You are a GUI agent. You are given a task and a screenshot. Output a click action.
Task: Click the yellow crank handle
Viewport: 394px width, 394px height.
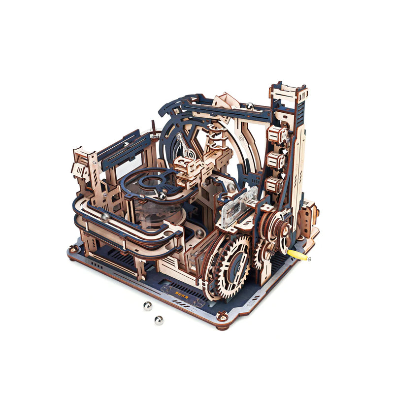298,255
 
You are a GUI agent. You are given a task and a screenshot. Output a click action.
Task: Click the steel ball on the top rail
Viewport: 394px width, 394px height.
250,105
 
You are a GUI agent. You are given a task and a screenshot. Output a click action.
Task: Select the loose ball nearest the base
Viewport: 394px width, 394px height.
147,306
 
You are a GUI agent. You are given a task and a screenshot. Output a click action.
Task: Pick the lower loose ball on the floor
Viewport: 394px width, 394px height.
159,320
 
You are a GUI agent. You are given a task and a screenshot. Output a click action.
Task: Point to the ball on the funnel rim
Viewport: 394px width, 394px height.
163,196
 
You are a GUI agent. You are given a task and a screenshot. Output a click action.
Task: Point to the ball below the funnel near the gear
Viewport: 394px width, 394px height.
198,232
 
